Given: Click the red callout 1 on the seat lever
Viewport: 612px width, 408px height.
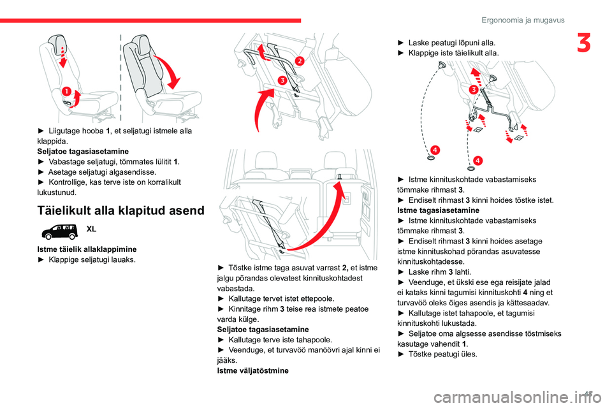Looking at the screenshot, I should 67,93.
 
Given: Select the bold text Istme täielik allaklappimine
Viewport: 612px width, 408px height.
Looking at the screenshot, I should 86,248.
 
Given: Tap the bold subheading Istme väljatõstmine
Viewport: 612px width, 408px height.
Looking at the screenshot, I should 252,370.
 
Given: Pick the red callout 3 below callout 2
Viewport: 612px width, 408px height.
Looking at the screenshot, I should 281,80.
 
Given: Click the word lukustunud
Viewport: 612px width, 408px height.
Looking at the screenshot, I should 57,192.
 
